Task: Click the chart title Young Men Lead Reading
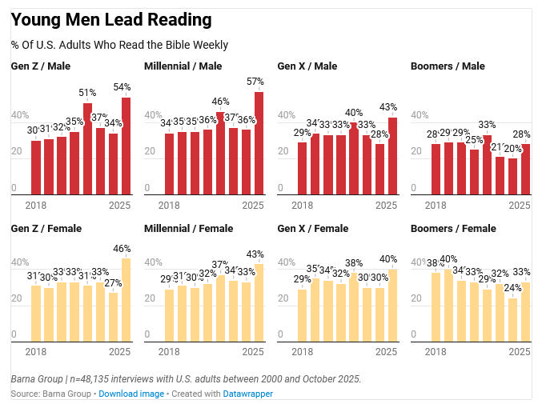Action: click(111, 19)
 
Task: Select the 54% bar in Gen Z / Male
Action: click(126, 146)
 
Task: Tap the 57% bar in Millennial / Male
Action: click(259, 142)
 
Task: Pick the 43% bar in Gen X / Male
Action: click(392, 155)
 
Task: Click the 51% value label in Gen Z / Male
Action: click(87, 93)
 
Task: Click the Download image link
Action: click(131, 394)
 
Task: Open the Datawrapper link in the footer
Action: click(247, 394)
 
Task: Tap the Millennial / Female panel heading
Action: click(187, 229)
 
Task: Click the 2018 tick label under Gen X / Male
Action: click(302, 206)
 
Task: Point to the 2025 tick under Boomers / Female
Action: click(519, 352)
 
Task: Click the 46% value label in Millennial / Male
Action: click(220, 102)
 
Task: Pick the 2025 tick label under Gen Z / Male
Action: click(120, 206)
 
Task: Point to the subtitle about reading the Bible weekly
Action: click(119, 45)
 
